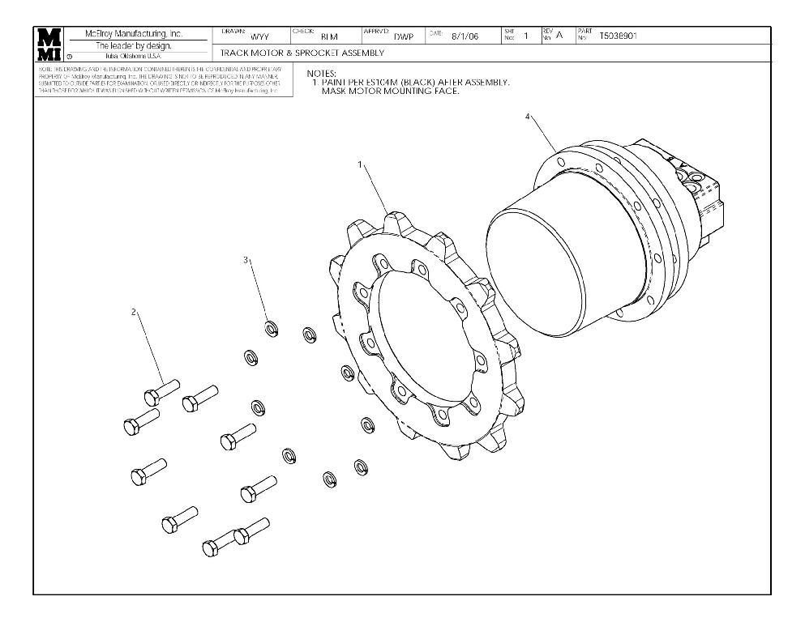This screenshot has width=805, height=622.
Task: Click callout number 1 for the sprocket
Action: click(359, 164)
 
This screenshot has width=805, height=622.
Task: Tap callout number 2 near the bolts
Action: click(134, 312)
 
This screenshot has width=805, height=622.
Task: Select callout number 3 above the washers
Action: click(246, 260)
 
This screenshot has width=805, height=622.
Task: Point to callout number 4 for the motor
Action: click(528, 117)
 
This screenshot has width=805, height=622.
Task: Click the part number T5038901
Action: click(618, 36)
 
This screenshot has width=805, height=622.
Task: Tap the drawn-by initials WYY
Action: click(259, 37)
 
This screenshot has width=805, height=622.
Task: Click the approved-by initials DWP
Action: click(403, 37)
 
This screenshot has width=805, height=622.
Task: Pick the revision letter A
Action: click(559, 36)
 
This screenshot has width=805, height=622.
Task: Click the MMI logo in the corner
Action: click(49, 45)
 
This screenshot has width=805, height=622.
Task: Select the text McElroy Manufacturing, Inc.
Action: click(134, 34)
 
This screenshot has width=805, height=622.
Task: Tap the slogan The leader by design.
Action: click(134, 45)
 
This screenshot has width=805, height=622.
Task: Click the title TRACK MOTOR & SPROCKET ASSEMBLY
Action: click(302, 53)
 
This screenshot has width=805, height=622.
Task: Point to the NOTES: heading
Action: click(321, 74)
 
